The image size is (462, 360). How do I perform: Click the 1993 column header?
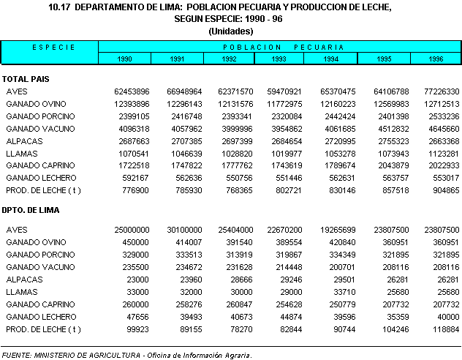[x=278, y=58]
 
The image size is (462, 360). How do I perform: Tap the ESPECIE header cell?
[x=49, y=47]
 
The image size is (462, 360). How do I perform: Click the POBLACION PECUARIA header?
[x=279, y=47]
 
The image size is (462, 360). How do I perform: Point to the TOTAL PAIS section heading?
[x=26, y=78]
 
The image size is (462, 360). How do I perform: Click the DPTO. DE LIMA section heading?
[x=31, y=210]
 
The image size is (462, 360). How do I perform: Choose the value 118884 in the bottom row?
[x=443, y=329]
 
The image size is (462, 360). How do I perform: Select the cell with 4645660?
[x=441, y=129]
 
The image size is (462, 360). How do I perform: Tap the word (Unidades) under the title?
[x=230, y=31]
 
